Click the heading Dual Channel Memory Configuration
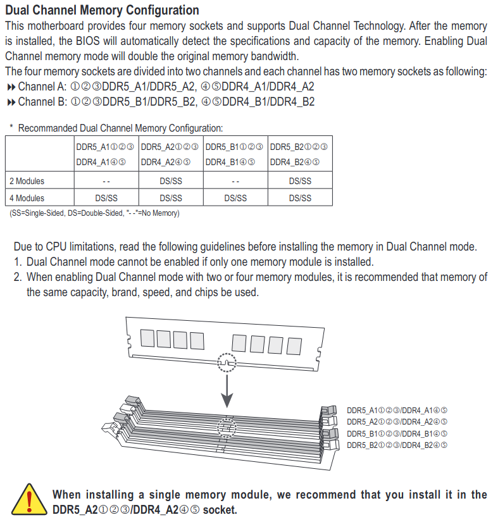pos(102,10)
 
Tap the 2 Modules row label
pos(27,181)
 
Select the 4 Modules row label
pos(27,197)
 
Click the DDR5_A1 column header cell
pos(105,154)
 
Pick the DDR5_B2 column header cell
pos(299,154)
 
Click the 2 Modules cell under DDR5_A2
pos(170,181)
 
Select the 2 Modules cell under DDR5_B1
pos(235,181)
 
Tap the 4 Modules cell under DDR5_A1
pos(106,197)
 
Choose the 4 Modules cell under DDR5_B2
pos(300,197)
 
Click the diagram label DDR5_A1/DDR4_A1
pos(397,410)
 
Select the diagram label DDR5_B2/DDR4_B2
pos(397,445)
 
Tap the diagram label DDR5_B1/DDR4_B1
pos(397,433)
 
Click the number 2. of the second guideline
pos(18,277)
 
